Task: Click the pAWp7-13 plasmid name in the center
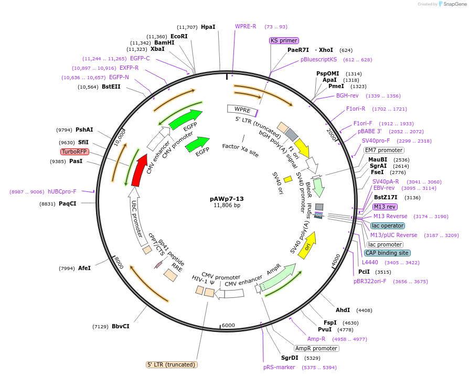click(227, 199)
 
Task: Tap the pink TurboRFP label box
click(74, 152)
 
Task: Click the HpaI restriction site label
click(208, 27)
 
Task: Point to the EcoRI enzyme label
click(179, 36)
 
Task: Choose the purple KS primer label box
click(284, 40)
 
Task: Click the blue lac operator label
click(387, 225)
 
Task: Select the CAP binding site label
click(387, 253)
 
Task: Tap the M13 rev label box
click(385, 207)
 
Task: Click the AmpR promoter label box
click(316, 348)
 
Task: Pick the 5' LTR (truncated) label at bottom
click(171, 364)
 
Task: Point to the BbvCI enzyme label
click(120, 326)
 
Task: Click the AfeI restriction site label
click(84, 268)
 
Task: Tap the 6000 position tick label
click(228, 325)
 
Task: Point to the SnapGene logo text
click(454, 4)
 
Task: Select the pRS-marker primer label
click(279, 367)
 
